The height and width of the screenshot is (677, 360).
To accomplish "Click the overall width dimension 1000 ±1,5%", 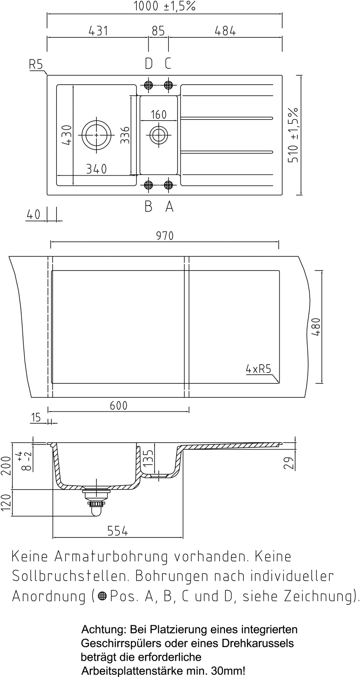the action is (x=165, y=6).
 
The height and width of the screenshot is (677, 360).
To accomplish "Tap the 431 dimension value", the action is (x=98, y=31).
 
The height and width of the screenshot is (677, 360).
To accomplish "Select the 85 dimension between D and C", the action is (x=158, y=31).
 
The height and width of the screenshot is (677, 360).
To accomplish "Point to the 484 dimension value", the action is (x=225, y=31).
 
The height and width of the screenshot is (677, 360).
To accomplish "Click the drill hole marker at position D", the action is (x=148, y=85).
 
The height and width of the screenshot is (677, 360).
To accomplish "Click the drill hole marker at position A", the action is (x=168, y=185).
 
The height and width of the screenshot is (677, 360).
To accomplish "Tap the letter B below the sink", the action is (x=148, y=207).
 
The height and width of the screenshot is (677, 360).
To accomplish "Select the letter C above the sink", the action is (x=168, y=64).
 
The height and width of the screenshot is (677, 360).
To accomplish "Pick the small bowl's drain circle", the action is (x=158, y=135).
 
